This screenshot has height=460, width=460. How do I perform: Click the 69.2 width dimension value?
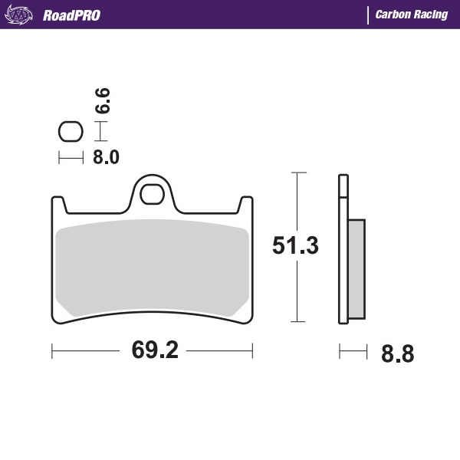pyautogui.click(x=155, y=350)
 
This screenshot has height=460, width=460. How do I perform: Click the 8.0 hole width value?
pyautogui.click(x=106, y=158)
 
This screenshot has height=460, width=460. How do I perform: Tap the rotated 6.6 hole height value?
pyautogui.click(x=103, y=102)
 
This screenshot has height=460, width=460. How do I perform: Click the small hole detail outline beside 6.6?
pyautogui.click(x=71, y=132)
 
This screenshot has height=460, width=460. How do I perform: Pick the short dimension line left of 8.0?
pyautogui.click(x=71, y=158)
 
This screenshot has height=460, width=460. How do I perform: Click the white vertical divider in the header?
pyautogui.click(x=369, y=15)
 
